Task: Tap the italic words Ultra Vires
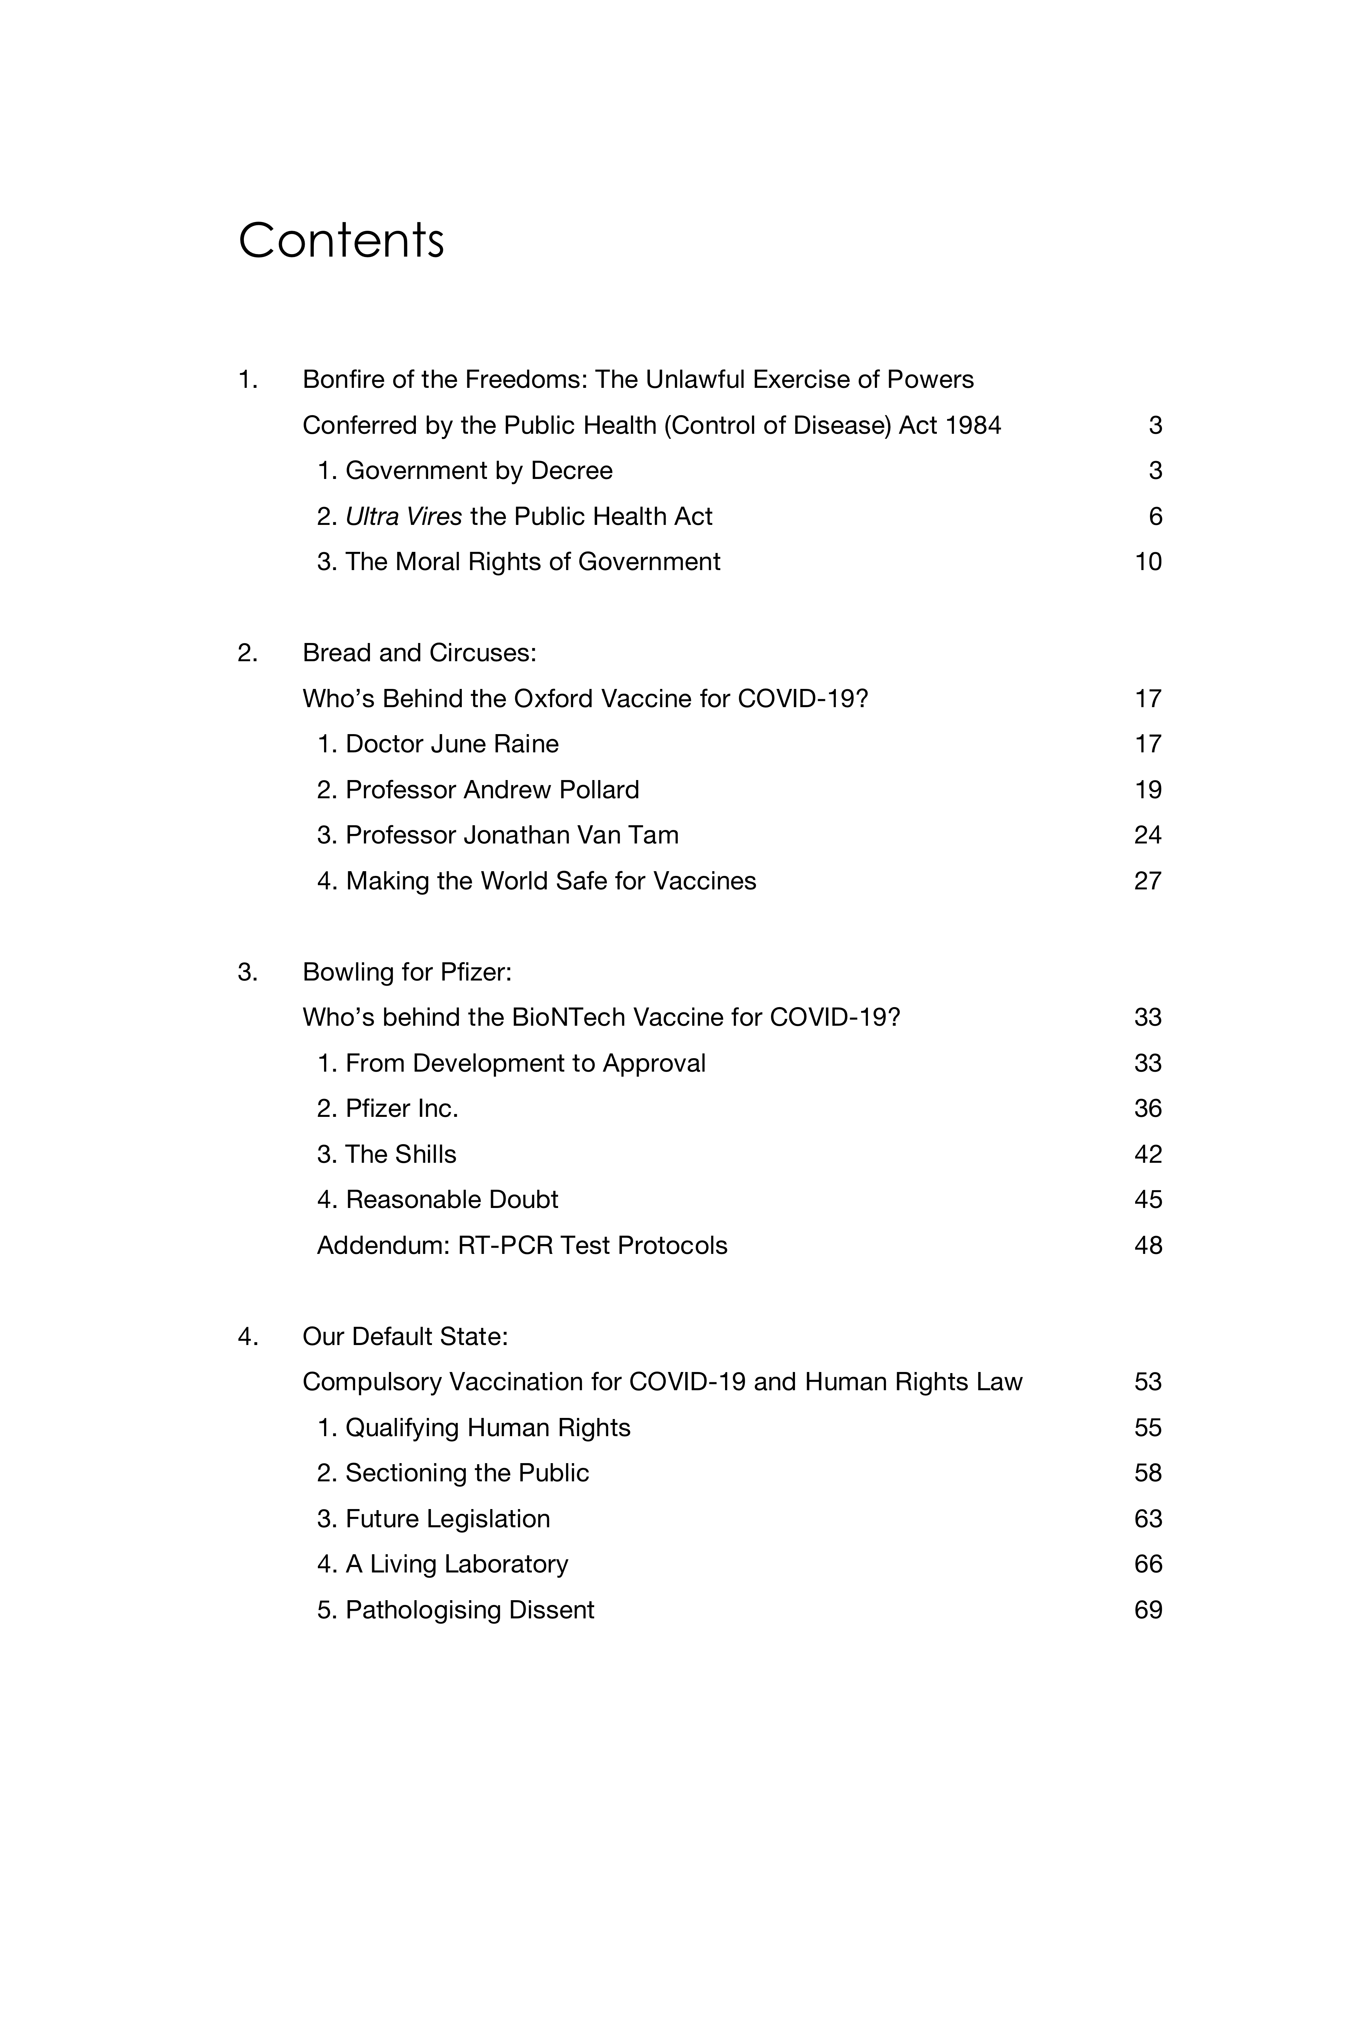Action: pos(403,517)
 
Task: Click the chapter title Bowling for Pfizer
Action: pos(406,972)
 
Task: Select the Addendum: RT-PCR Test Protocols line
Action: pos(522,1246)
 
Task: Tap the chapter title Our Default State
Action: pos(405,1337)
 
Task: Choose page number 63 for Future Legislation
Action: pos(1148,1519)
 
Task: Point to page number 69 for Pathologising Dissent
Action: pos(1148,1610)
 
